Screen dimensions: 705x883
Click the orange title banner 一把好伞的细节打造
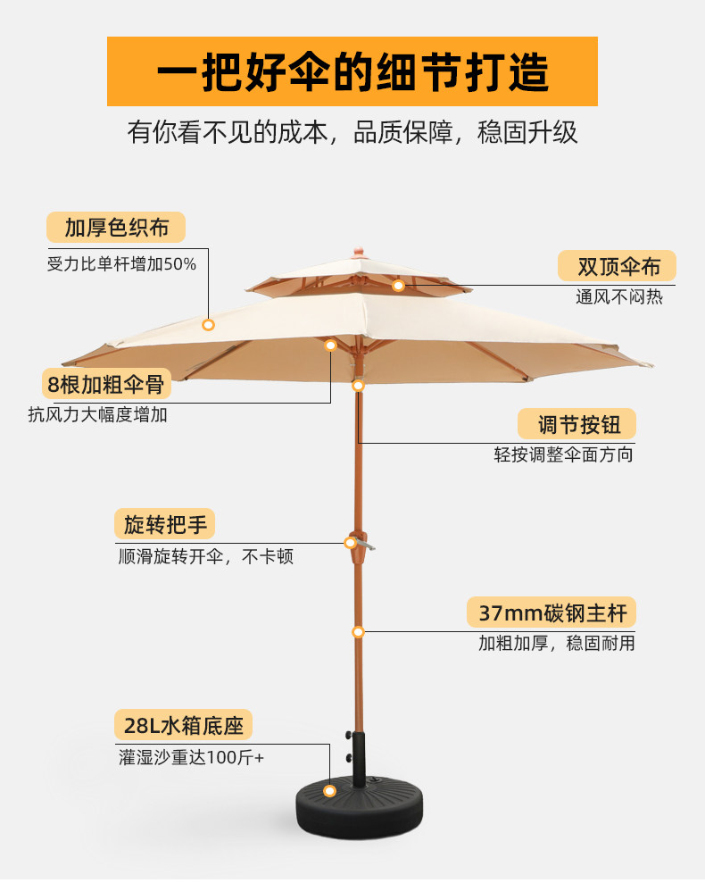(x=352, y=71)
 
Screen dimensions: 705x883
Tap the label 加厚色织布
(x=116, y=228)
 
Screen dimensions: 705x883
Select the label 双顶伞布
(x=617, y=266)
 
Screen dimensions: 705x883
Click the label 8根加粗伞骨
(x=106, y=385)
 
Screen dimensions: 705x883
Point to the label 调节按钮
(x=576, y=424)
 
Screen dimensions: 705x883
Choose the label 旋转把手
(x=164, y=524)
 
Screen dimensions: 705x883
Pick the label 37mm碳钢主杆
(x=552, y=613)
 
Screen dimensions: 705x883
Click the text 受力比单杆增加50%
(x=121, y=264)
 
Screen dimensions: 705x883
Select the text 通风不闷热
(x=618, y=297)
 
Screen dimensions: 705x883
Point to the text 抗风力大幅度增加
(x=97, y=414)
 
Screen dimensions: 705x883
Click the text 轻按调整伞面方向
(x=564, y=454)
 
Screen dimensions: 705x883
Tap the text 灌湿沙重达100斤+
(x=191, y=757)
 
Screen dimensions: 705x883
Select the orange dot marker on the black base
(x=329, y=791)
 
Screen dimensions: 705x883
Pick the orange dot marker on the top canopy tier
(x=398, y=286)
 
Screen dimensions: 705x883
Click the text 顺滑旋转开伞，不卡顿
(x=206, y=556)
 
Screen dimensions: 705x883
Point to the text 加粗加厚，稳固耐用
(x=556, y=643)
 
